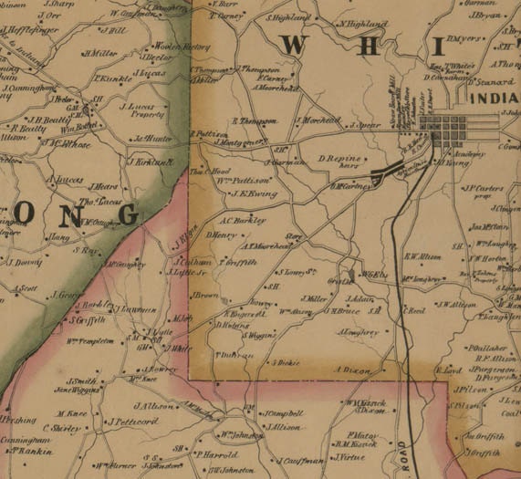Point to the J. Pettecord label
click(133, 422)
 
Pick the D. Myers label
click(467, 39)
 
